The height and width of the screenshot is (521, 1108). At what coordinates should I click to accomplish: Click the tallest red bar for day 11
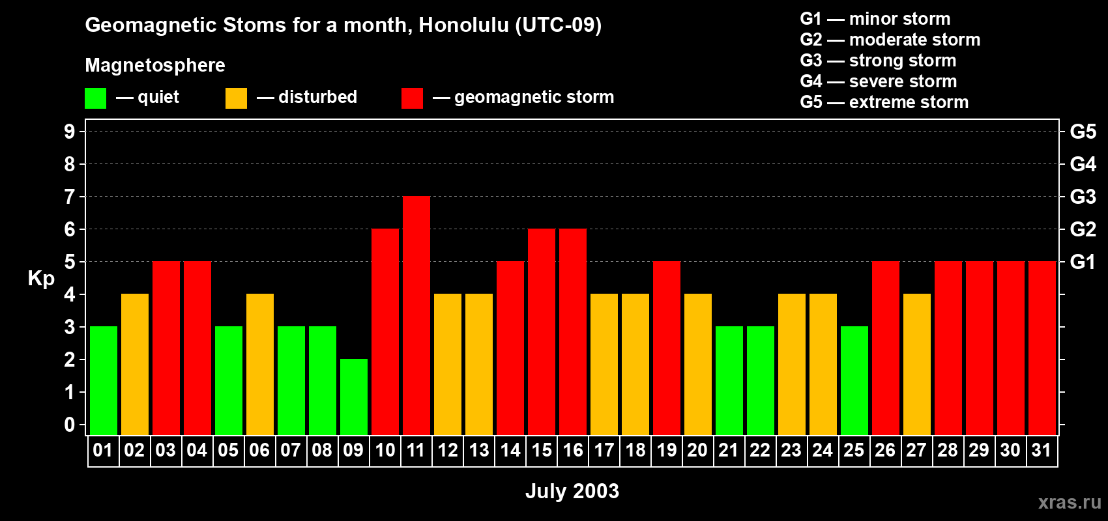[x=416, y=315]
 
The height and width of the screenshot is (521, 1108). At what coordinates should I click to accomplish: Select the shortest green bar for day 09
[x=354, y=397]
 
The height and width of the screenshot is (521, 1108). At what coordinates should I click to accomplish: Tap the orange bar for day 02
[x=135, y=364]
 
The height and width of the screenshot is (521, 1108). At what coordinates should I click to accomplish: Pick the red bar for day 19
[x=667, y=348]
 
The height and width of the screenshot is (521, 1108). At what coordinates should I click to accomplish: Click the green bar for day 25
[x=854, y=380]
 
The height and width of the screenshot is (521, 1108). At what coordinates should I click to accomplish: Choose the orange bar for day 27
[x=917, y=364]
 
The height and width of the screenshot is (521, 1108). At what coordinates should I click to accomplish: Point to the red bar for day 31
[x=1042, y=348]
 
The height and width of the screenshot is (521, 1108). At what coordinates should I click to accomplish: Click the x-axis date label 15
[x=542, y=451]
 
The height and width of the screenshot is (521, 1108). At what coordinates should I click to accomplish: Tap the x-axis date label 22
[x=760, y=451]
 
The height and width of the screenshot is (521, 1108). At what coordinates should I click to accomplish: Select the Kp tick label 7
[x=70, y=197]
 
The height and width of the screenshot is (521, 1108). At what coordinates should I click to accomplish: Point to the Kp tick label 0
[x=70, y=425]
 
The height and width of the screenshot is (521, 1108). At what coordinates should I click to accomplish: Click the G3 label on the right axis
[x=1083, y=197]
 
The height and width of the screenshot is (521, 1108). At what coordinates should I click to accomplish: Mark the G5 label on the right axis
[x=1083, y=132]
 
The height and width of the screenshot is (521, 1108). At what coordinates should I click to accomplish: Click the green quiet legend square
[x=95, y=98]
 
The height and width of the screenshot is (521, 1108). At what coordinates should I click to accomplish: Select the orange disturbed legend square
[x=236, y=98]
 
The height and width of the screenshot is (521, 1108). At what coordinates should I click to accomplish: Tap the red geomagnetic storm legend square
[x=412, y=98]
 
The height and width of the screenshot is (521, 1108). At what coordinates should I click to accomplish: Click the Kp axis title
[x=41, y=279]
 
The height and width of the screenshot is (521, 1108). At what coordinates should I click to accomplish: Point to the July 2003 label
[x=572, y=491]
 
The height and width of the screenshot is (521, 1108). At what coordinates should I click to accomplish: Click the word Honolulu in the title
[x=463, y=25]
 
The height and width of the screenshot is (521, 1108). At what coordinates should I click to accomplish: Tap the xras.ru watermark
[x=1070, y=502]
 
